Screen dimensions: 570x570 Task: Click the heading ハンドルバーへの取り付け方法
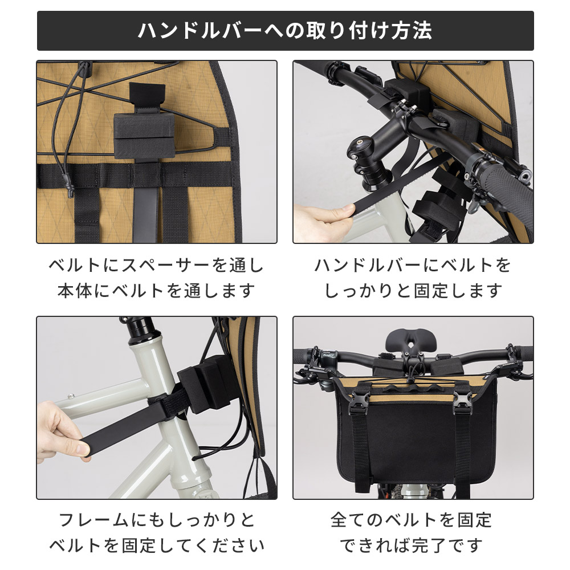click(x=285, y=31)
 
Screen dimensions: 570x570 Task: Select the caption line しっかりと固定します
click(x=413, y=291)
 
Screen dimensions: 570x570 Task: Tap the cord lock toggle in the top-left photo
click(x=85, y=69)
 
